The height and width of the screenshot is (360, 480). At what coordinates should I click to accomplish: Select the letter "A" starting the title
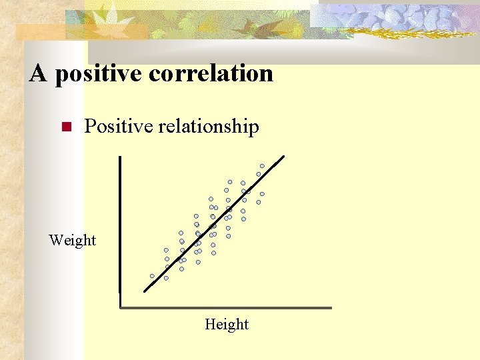pos(38,73)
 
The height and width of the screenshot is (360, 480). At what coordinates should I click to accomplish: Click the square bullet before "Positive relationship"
pos(65,127)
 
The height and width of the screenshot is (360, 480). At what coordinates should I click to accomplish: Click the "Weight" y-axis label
pos(72,240)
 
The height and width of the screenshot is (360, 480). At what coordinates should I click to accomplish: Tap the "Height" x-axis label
pos(227,325)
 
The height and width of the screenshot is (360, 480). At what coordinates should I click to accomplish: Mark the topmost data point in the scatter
pos(262,166)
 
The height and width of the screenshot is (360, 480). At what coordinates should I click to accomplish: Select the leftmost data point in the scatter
pos(152,276)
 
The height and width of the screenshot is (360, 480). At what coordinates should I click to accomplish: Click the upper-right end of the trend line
pos(283,157)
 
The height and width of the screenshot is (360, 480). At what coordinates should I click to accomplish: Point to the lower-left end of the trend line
pos(145,291)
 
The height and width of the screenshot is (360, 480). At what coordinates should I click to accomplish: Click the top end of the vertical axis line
pos(119,158)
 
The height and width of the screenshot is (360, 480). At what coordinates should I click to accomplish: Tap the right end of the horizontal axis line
pos(330,307)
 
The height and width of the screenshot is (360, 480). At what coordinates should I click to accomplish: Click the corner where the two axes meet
pos(120,307)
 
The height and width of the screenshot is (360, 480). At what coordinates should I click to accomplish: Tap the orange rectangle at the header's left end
pos(40,32)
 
